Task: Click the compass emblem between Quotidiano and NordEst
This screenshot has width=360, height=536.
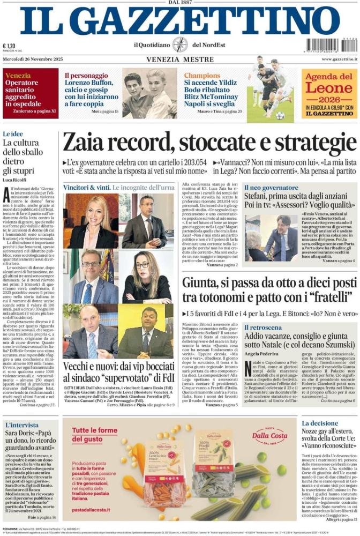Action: coord(179,44)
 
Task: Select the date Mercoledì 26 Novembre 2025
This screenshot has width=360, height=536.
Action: coord(32,58)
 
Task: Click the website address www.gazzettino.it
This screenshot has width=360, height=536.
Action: coord(335,58)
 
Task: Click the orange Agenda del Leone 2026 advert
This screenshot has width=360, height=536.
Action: coord(329,93)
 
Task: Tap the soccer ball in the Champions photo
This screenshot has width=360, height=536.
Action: coord(280,115)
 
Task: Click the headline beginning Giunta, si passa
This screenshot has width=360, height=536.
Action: coord(268,289)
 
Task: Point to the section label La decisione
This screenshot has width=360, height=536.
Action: coord(319,423)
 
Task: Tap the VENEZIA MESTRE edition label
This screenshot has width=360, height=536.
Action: coord(179,58)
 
